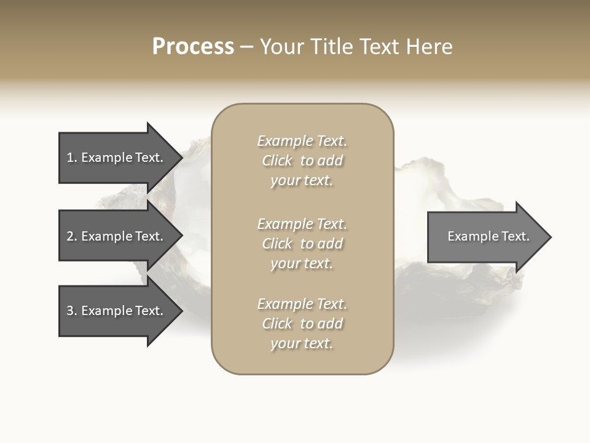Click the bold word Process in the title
[193, 47]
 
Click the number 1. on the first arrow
[72, 158]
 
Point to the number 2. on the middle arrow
[72, 236]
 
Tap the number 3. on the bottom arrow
[72, 311]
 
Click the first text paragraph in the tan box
[302, 161]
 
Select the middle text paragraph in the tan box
[302, 244]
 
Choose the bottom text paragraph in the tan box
[302, 324]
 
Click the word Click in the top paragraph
[277, 161]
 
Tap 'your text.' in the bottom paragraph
[302, 343]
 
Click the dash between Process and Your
[247, 47]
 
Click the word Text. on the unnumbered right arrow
[514, 236]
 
